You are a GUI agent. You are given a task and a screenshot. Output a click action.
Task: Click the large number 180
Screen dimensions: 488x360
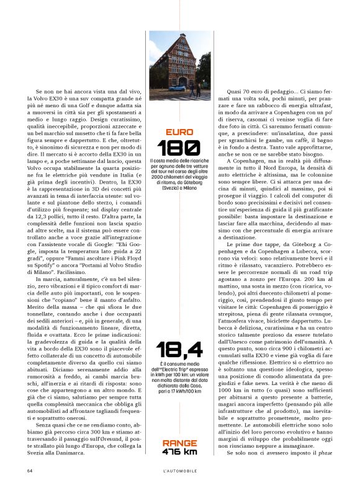[x=179, y=148]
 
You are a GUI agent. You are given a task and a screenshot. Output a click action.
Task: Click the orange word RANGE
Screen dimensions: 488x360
[x=179, y=443]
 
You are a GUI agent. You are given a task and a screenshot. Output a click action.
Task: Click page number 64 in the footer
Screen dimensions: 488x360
[x=30, y=471]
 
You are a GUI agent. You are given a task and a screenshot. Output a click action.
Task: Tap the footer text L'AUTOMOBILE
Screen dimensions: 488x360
[x=179, y=471]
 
